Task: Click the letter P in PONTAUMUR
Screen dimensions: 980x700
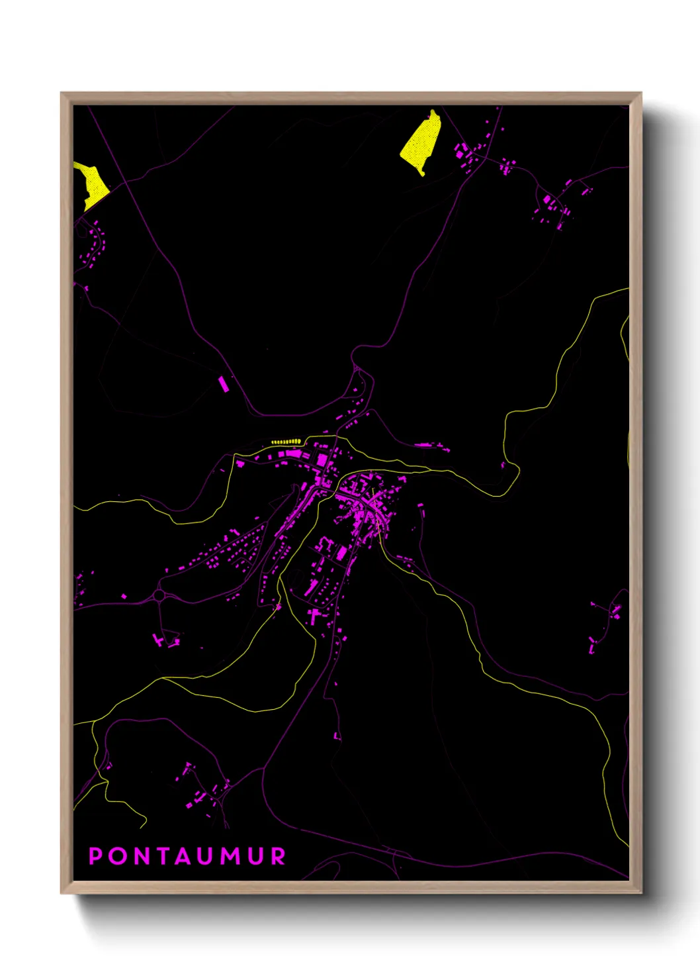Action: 95,856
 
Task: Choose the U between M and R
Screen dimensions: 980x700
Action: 257,856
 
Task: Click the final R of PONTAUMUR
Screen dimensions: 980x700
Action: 279,856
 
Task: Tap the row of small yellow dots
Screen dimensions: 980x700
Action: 285,441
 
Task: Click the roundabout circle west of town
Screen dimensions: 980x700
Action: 159,595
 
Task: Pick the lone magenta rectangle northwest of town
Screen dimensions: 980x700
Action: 224,383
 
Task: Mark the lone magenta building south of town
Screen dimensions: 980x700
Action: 336,735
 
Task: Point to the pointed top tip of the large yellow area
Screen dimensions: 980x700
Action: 433,111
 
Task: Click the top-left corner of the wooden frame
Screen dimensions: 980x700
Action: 62,93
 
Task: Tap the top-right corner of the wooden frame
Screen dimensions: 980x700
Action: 641,93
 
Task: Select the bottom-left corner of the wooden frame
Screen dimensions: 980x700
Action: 62,893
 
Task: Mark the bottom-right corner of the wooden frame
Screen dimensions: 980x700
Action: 641,893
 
